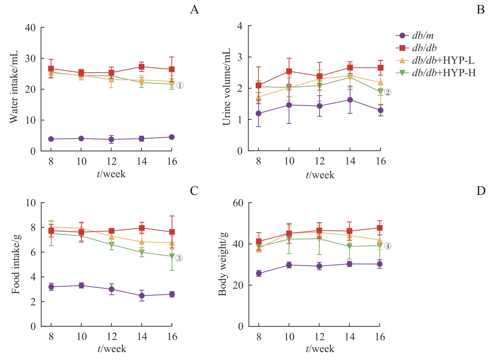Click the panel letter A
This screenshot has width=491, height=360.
[x=194, y=10]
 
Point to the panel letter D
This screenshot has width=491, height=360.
[x=481, y=191]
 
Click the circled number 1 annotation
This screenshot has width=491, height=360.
[x=180, y=85]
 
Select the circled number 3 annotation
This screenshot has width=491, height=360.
[x=179, y=258]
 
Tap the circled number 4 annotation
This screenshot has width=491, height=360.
[x=387, y=246]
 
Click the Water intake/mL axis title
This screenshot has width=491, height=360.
[x=14, y=87]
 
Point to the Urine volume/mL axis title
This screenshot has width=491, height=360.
[x=226, y=87]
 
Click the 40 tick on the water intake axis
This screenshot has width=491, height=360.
[x=30, y=28]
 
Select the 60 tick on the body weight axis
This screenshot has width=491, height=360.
[x=238, y=203]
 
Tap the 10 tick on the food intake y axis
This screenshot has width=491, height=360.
[x=31, y=203]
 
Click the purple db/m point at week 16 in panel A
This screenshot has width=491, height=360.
[x=172, y=137]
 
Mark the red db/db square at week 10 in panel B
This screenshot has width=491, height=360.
[x=289, y=72]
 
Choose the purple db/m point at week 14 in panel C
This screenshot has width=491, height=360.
[x=142, y=296]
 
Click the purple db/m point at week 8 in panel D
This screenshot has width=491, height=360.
[x=259, y=273]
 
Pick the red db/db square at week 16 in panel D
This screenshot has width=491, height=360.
[x=380, y=228]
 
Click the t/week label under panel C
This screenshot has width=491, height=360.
[x=111, y=349]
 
